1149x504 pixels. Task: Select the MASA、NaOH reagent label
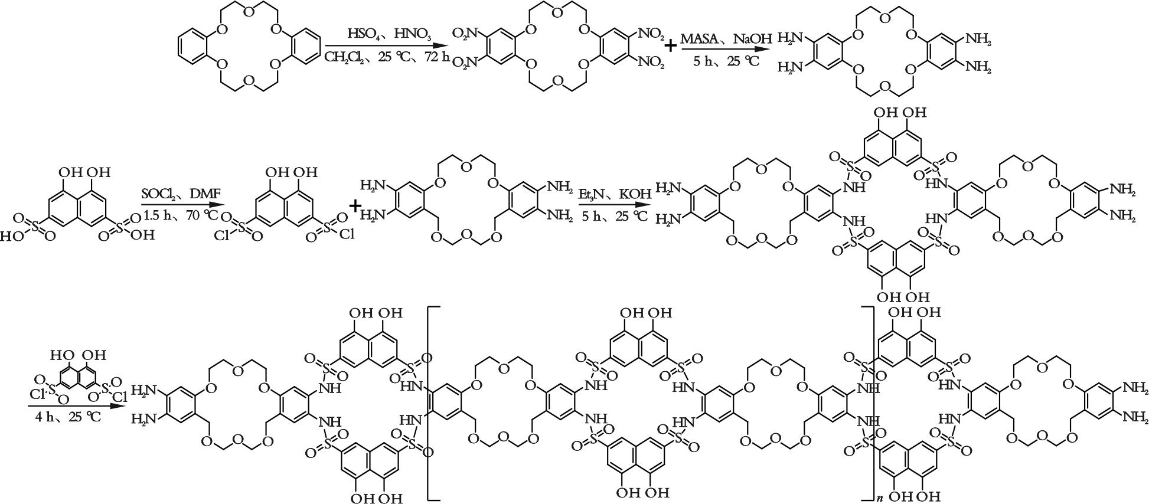pos(726,39)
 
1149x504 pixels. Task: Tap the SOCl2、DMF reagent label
pos(180,194)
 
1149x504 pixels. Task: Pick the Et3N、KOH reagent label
pos(614,194)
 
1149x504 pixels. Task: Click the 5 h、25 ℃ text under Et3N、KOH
pos(614,216)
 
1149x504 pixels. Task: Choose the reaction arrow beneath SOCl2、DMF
pos(179,205)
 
